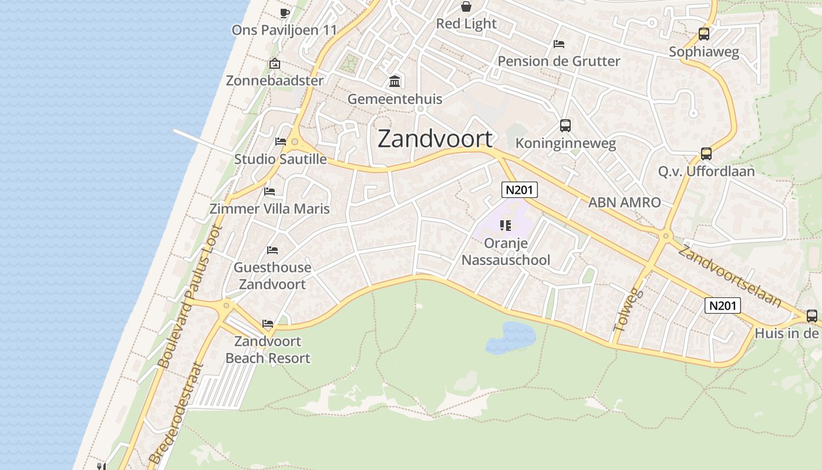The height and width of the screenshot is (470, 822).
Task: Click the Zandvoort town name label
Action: point(435,139)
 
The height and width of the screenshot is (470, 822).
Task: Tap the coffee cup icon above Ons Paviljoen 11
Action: point(285,12)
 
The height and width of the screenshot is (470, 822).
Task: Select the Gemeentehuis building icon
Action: point(395,81)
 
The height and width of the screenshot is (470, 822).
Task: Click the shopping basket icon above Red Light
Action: point(466,6)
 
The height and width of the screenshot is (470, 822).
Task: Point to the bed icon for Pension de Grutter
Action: point(559,44)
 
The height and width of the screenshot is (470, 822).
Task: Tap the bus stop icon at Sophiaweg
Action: point(704,34)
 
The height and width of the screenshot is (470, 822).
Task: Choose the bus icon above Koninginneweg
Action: point(565,125)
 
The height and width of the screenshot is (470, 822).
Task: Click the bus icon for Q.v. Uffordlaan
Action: point(706,154)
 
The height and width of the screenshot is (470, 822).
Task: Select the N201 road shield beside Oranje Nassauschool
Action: point(520,190)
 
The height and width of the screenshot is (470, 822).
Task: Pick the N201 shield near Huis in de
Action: point(723,305)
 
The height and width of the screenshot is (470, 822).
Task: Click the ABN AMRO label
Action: point(624,203)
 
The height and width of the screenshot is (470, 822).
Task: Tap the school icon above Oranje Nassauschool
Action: point(506,225)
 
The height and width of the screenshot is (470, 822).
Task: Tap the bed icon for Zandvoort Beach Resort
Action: point(268,324)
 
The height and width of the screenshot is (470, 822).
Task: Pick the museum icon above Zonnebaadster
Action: point(274,64)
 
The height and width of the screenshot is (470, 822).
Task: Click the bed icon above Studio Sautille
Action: point(281,142)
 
